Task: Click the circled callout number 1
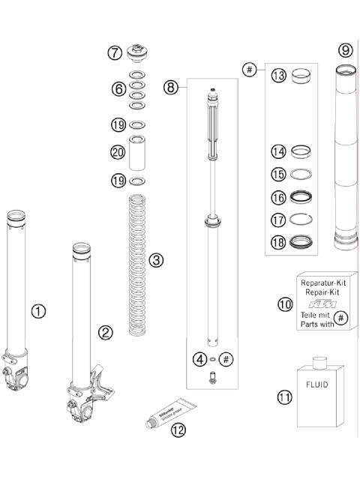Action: [x=38, y=310]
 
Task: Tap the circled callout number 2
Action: [x=106, y=331]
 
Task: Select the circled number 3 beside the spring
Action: [x=155, y=261]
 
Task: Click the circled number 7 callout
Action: [x=114, y=53]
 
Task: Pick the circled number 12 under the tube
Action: [x=177, y=430]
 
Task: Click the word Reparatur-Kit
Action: [x=322, y=283]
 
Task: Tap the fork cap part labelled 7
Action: [x=137, y=53]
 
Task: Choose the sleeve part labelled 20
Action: [x=137, y=152]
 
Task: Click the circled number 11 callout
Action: [x=283, y=397]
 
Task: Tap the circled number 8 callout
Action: [x=172, y=87]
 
